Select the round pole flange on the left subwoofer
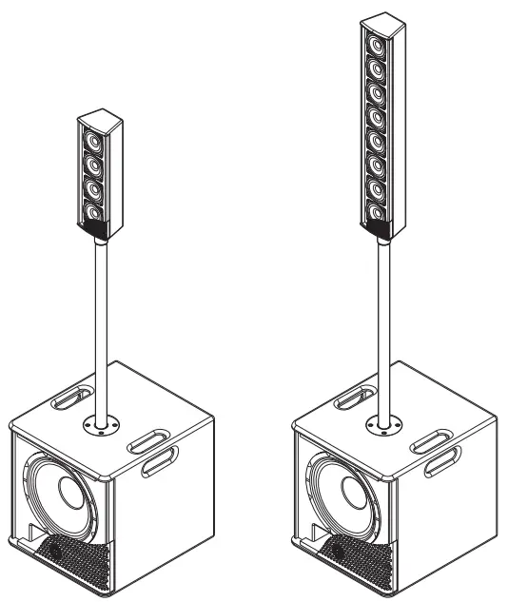[98, 422]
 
